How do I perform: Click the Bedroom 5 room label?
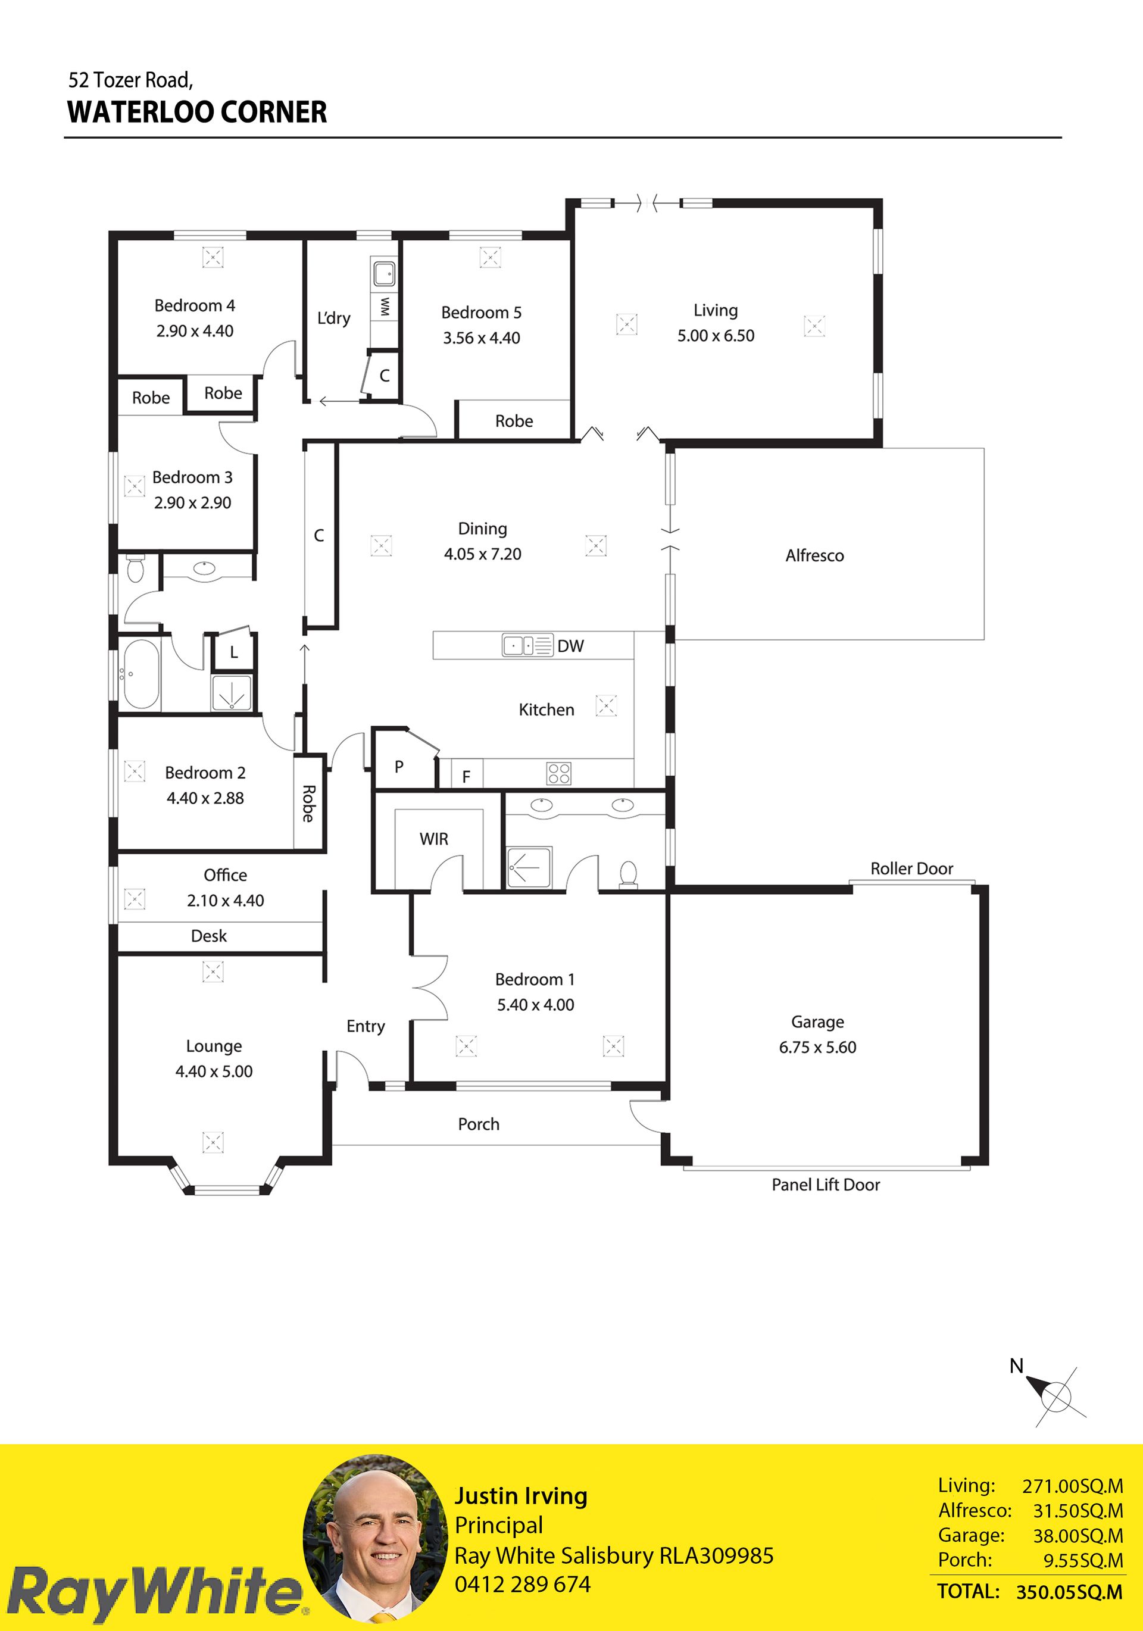point(481,313)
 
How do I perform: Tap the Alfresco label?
point(815,555)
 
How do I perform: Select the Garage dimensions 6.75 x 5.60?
point(817,1047)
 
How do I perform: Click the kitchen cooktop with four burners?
point(559,773)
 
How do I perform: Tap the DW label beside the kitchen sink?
point(570,646)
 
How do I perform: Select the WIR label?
point(434,839)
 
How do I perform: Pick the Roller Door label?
point(912,868)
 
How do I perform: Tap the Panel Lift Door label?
point(826,1184)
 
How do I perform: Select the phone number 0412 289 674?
point(523,1584)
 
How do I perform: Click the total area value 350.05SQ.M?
point(1069,1592)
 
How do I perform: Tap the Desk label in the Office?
point(209,936)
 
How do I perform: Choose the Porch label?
point(479,1124)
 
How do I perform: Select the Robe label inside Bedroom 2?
point(308,804)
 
